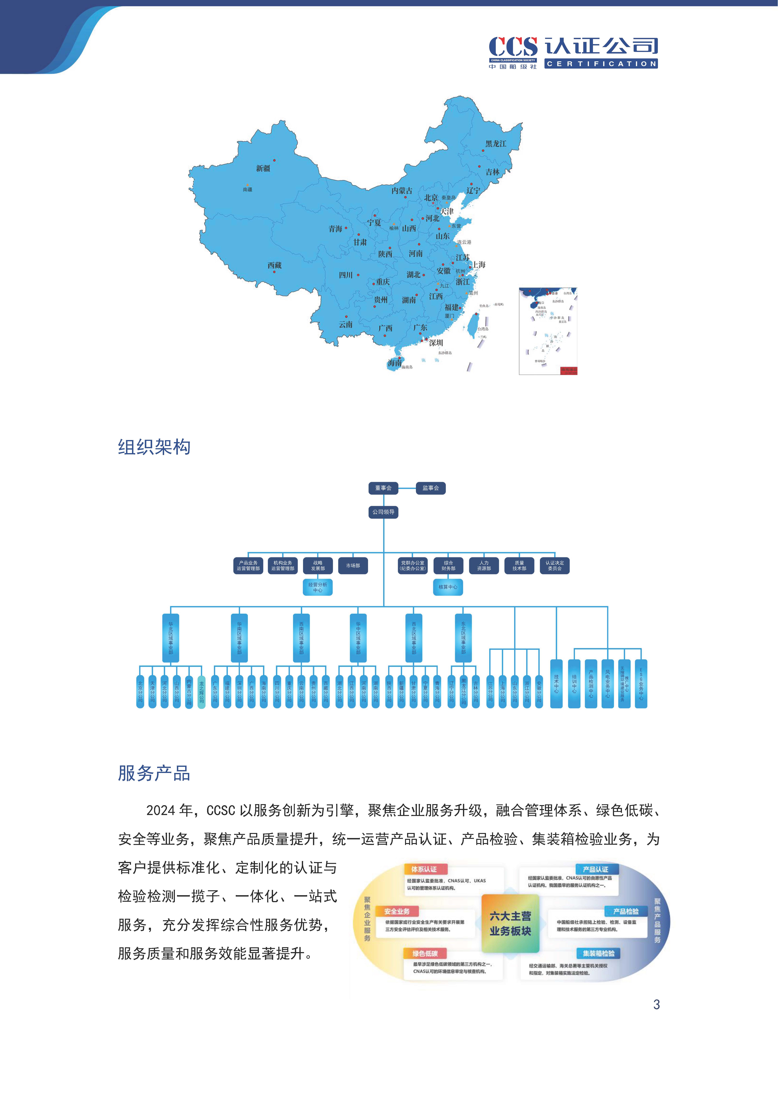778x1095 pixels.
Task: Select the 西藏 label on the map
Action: (275, 265)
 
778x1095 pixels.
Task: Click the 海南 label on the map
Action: (395, 363)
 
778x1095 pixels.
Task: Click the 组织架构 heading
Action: (154, 447)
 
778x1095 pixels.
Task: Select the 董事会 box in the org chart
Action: (383, 488)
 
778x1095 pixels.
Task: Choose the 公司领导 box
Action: (383, 512)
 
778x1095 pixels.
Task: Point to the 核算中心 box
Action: (448, 587)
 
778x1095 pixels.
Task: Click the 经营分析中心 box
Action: (318, 587)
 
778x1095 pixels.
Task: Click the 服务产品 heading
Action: (154, 773)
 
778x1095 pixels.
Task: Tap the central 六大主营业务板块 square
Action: (510, 923)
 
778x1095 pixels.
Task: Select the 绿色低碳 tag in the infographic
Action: (425, 954)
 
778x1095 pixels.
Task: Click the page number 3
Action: (656, 1004)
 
